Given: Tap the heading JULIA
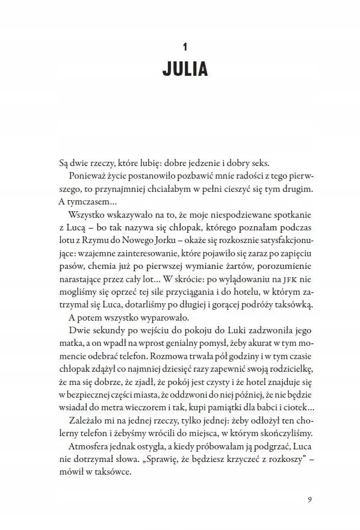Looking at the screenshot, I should (x=185, y=69).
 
